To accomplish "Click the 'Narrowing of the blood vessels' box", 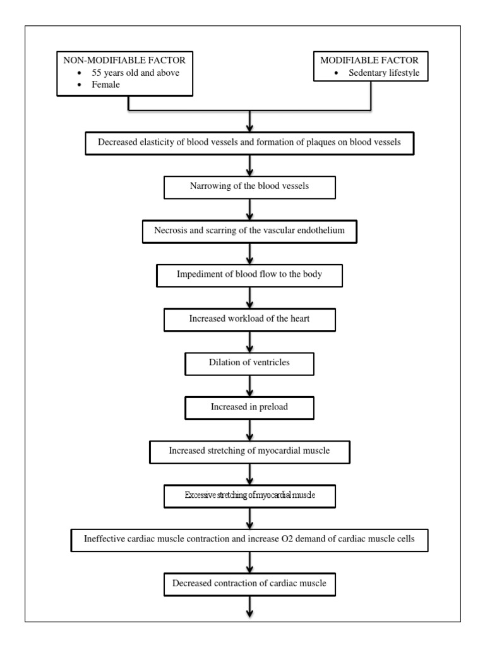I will click(249, 187).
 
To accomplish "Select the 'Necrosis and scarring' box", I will click(250, 231).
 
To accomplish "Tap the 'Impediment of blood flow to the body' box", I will click(249, 275).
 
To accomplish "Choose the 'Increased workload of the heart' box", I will click(249, 319).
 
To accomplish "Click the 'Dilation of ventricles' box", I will click(249, 363).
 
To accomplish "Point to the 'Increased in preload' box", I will click(249, 407).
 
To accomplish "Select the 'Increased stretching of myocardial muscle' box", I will click(249, 451).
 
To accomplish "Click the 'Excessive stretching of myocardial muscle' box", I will click(249, 495).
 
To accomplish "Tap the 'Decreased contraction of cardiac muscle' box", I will click(249, 583).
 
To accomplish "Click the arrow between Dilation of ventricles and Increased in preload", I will click(251, 385).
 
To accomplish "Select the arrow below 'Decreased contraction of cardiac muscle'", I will click(251, 607).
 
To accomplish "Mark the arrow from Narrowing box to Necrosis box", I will click(251, 209).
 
